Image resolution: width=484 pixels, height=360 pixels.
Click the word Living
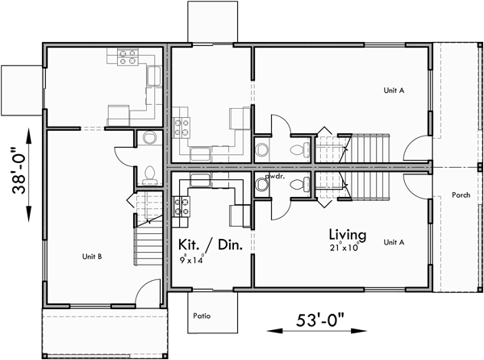point(347,235)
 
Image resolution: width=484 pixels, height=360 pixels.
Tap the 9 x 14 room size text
point(192,260)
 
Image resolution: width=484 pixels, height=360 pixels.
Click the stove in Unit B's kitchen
point(127,57)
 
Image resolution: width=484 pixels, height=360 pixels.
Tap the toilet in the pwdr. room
point(298,185)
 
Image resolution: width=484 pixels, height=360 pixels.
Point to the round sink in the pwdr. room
point(261,186)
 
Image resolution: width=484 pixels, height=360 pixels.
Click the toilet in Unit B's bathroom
point(148,173)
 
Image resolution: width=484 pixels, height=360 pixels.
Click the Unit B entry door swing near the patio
point(147,291)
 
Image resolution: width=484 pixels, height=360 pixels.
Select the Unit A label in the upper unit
point(393,90)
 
